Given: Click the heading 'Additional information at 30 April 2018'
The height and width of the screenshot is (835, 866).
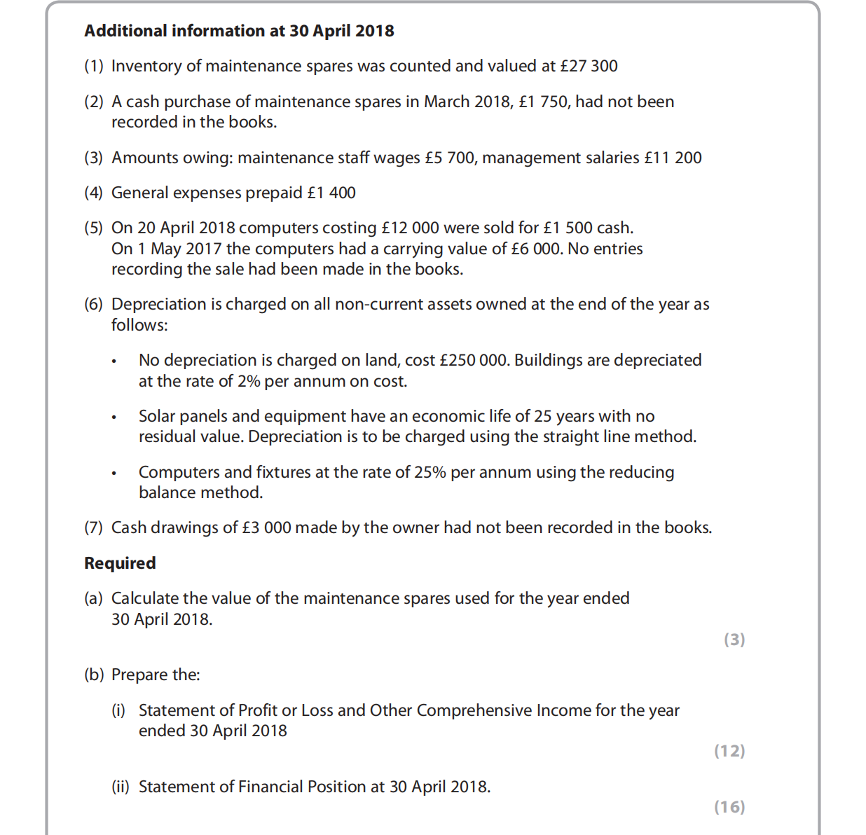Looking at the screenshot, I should coord(239,31).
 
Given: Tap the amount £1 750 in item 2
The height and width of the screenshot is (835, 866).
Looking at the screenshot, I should coord(544,102).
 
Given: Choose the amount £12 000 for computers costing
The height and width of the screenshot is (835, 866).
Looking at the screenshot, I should coord(410,228).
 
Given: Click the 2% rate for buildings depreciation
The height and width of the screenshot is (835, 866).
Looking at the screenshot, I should coord(248,381).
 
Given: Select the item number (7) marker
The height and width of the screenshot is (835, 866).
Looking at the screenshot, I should coord(93,527).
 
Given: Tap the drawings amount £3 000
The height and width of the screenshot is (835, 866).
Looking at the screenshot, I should coord(266,527).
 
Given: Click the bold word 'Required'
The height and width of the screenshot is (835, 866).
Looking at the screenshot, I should coord(120,563).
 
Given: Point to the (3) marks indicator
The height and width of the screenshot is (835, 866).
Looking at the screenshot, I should coord(734,640).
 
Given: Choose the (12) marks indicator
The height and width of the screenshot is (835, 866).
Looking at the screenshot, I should coord(729,751).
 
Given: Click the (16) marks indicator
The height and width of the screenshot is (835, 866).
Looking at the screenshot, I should coord(729,807).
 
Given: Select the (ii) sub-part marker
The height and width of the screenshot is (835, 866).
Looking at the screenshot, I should coord(121,787).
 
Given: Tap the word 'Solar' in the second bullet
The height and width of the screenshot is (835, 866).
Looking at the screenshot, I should coord(157,416).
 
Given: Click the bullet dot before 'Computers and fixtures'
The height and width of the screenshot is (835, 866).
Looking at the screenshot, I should coord(113,473).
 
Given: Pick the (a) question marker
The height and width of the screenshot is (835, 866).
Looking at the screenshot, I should coord(93,598).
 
